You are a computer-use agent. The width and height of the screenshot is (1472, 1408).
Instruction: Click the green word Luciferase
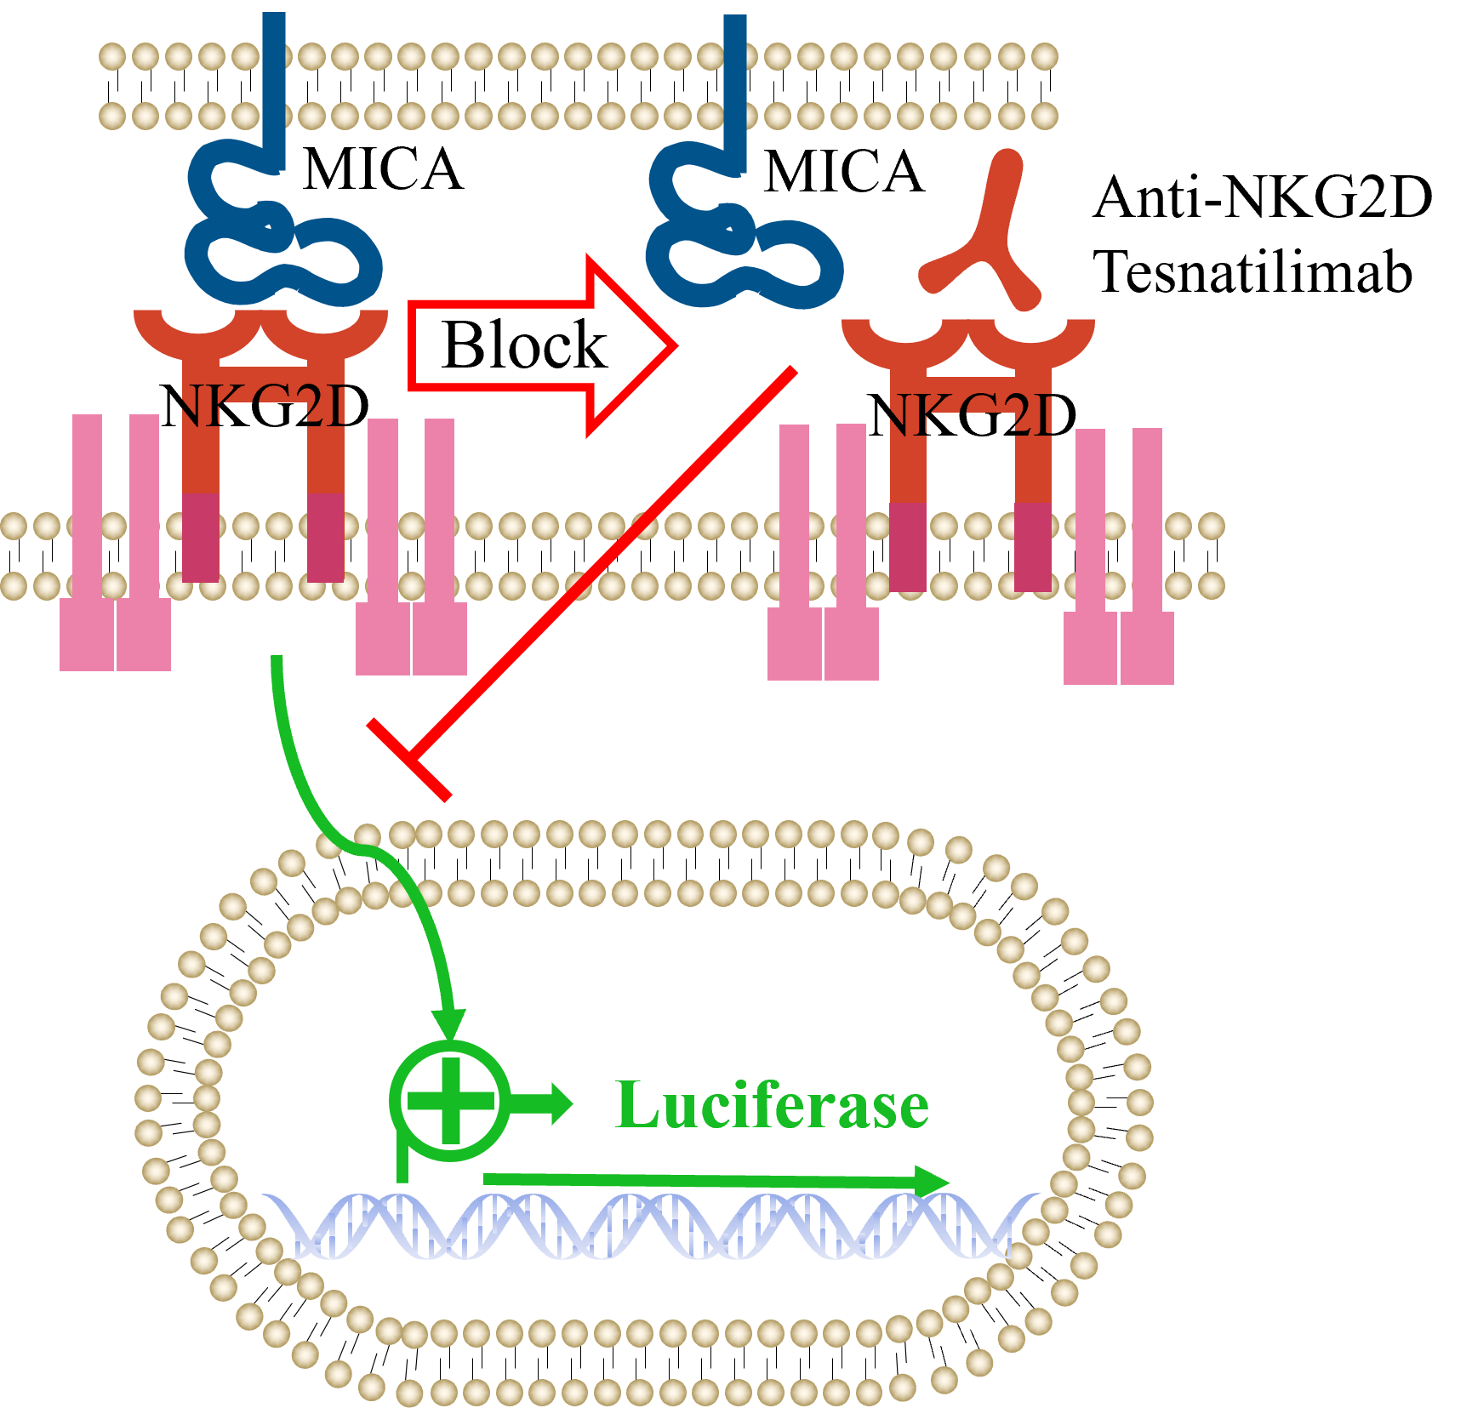click(772, 1106)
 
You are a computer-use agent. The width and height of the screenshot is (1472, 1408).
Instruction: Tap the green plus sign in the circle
click(451, 1101)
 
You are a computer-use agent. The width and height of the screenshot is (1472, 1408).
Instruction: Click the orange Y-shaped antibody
click(987, 238)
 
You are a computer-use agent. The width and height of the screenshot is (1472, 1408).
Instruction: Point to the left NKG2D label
click(260, 408)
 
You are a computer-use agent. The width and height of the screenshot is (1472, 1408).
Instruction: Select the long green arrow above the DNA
click(715, 1180)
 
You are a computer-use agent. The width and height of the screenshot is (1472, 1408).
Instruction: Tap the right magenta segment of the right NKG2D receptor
click(1033, 546)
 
